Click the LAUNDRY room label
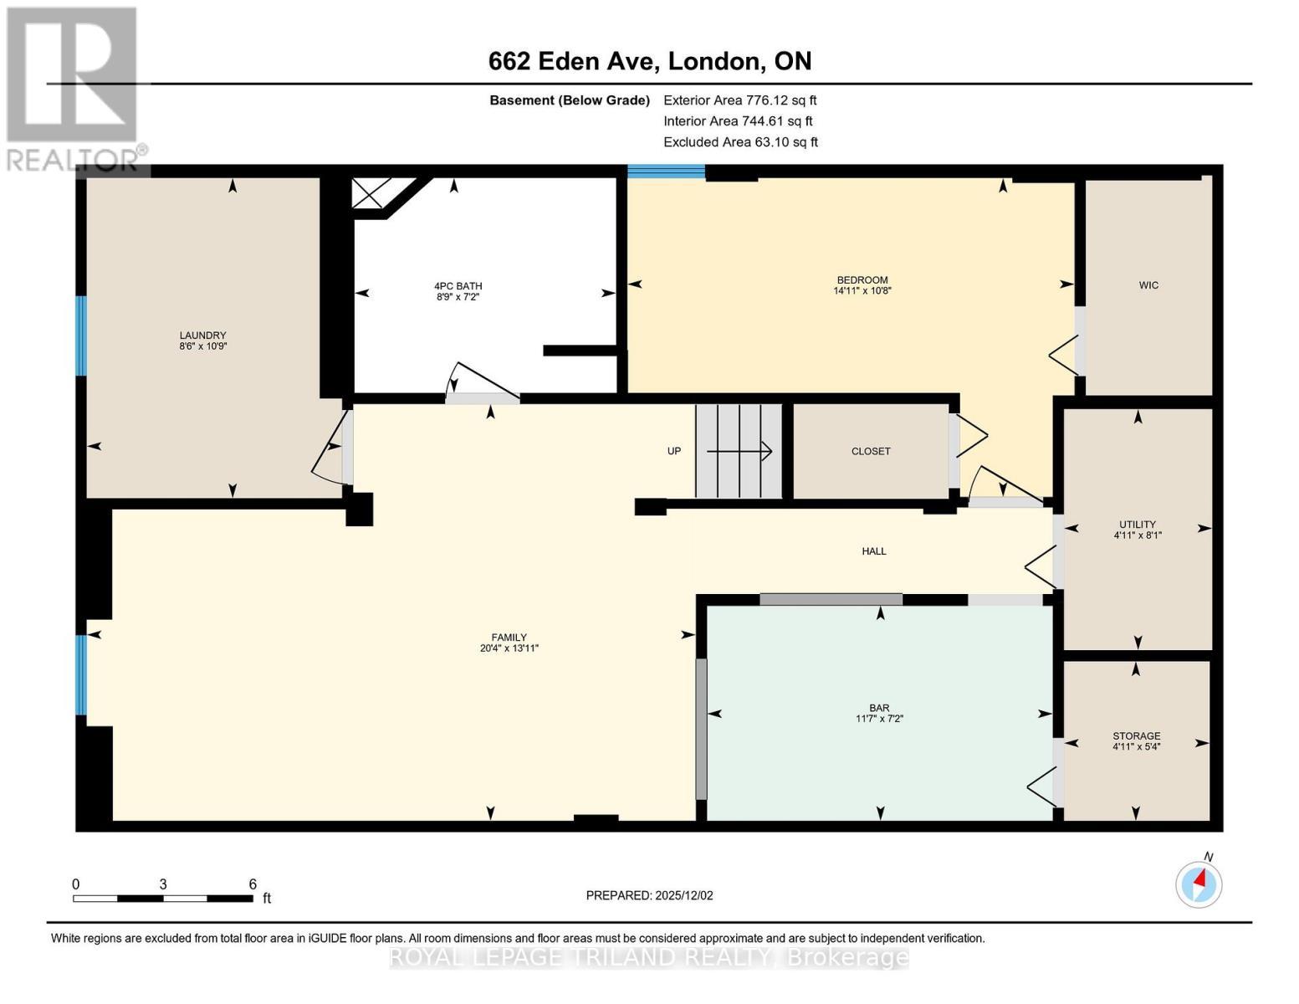pyautogui.click(x=202, y=335)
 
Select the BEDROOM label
pyautogui.click(x=862, y=279)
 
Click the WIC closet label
pyautogui.click(x=1148, y=285)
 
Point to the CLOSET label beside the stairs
pyautogui.click(x=871, y=451)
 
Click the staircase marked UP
pyautogui.click(x=739, y=451)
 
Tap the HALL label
pyautogui.click(x=874, y=551)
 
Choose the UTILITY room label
pyautogui.click(x=1138, y=525)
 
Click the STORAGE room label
pyautogui.click(x=1136, y=736)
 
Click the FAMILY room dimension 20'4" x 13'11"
pyautogui.click(x=509, y=648)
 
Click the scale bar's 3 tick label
pyautogui.click(x=163, y=884)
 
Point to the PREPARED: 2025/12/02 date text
pyautogui.click(x=649, y=895)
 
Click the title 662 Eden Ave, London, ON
pyautogui.click(x=650, y=61)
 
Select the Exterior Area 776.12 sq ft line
pyautogui.click(x=739, y=100)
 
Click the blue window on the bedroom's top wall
pyautogui.click(x=667, y=172)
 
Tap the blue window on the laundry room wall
pyautogui.click(x=81, y=336)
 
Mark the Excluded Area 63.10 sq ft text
pyautogui.click(x=740, y=142)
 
